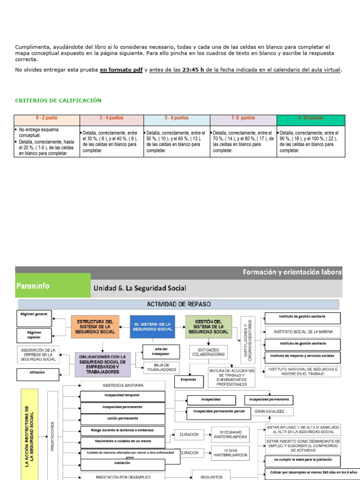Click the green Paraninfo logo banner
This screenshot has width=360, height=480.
(52, 285)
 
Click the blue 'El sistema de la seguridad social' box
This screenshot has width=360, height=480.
(152, 327)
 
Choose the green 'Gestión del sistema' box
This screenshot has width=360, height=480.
(208, 327)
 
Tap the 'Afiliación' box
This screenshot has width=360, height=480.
(37, 375)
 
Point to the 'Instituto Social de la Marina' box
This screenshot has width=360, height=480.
(303, 331)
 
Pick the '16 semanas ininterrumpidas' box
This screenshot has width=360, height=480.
(230, 435)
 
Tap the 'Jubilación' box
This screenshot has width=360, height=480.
(123, 465)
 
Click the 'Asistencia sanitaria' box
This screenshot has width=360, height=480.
(123, 385)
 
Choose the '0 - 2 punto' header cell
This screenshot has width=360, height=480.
(47, 118)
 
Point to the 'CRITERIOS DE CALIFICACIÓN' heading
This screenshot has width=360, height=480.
(58, 100)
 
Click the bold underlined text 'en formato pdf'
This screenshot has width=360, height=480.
(121, 70)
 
